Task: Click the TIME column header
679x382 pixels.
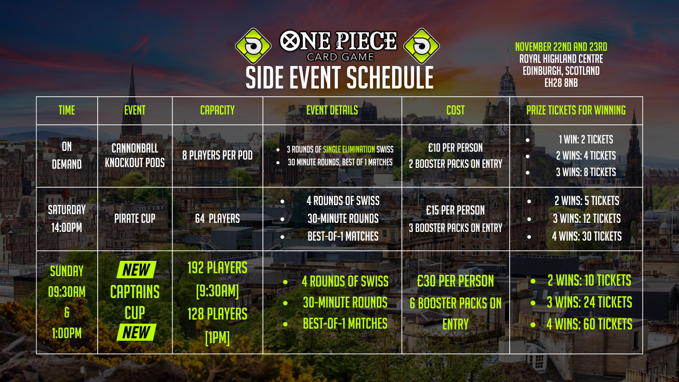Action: click(x=67, y=110)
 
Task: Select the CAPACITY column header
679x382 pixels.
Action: click(x=217, y=110)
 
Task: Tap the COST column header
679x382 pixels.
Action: click(x=455, y=110)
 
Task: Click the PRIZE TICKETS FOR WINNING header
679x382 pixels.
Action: click(x=576, y=110)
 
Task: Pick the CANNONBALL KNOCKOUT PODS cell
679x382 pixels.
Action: click(x=135, y=155)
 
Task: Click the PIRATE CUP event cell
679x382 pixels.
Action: click(x=135, y=218)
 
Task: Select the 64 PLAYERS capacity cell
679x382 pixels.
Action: click(x=217, y=218)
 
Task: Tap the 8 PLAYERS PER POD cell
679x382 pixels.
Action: click(x=217, y=155)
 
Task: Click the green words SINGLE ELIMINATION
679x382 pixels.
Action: click(x=349, y=149)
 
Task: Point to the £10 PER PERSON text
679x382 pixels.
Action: click(x=455, y=148)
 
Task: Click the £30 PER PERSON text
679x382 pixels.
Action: click(x=455, y=281)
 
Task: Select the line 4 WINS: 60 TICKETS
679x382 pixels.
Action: click(x=589, y=324)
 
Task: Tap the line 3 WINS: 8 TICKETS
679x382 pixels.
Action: click(x=586, y=172)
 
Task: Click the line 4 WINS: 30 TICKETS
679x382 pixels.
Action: click(x=587, y=236)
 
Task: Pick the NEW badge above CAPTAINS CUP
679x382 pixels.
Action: click(x=136, y=270)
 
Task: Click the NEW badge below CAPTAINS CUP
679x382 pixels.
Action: click(x=136, y=332)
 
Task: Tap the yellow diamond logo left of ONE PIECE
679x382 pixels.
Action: click(x=253, y=46)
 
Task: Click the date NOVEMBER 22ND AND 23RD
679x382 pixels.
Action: click(x=561, y=47)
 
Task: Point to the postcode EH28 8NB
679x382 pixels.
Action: click(x=561, y=83)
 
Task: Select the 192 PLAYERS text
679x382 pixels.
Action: click(x=217, y=267)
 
